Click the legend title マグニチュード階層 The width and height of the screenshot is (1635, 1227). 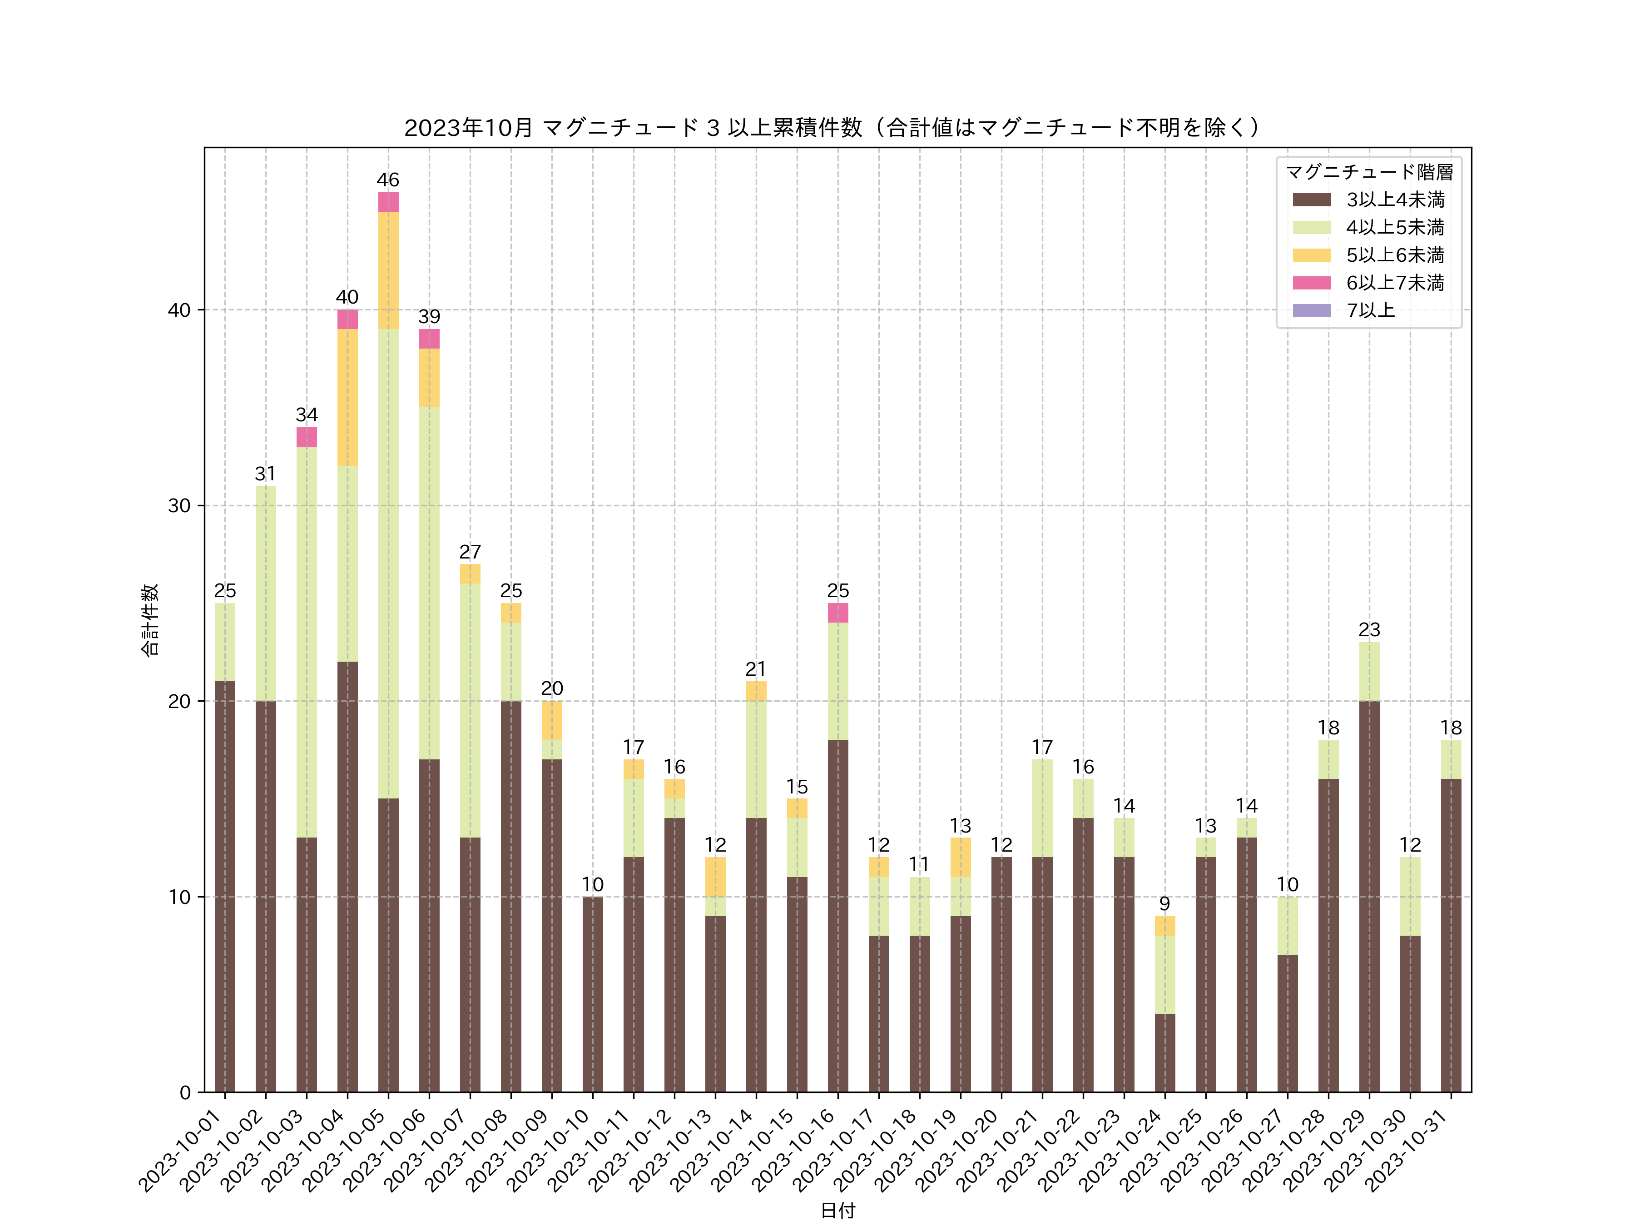[1369, 172]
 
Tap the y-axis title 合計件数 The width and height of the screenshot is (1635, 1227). [150, 620]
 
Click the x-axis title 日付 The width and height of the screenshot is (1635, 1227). [837, 1210]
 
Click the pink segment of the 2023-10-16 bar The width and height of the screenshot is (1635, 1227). [837, 613]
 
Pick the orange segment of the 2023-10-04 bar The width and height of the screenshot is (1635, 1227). [347, 397]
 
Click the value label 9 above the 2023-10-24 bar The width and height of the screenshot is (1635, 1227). [1165, 904]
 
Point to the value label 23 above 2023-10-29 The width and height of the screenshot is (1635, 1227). [1369, 629]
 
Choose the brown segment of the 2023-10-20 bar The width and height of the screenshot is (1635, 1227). [1001, 975]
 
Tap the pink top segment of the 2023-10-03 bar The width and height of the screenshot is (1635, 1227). [307, 437]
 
